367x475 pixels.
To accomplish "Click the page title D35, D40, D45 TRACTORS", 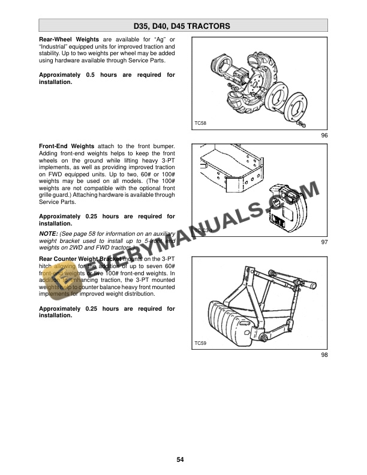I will pyautogui.click(x=183, y=26).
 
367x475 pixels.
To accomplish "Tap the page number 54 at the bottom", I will pyautogui.click(x=180, y=460).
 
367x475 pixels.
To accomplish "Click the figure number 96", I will pyautogui.click(x=324, y=136).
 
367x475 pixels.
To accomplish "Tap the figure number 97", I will pyautogui.click(x=324, y=242).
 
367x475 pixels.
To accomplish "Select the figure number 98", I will pyautogui.click(x=324, y=354).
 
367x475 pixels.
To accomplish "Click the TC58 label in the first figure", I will pyautogui.click(x=200, y=123).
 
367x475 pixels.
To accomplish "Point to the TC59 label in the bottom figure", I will pyautogui.click(x=200, y=344).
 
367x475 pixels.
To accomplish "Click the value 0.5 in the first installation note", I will pyautogui.click(x=91, y=75).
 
